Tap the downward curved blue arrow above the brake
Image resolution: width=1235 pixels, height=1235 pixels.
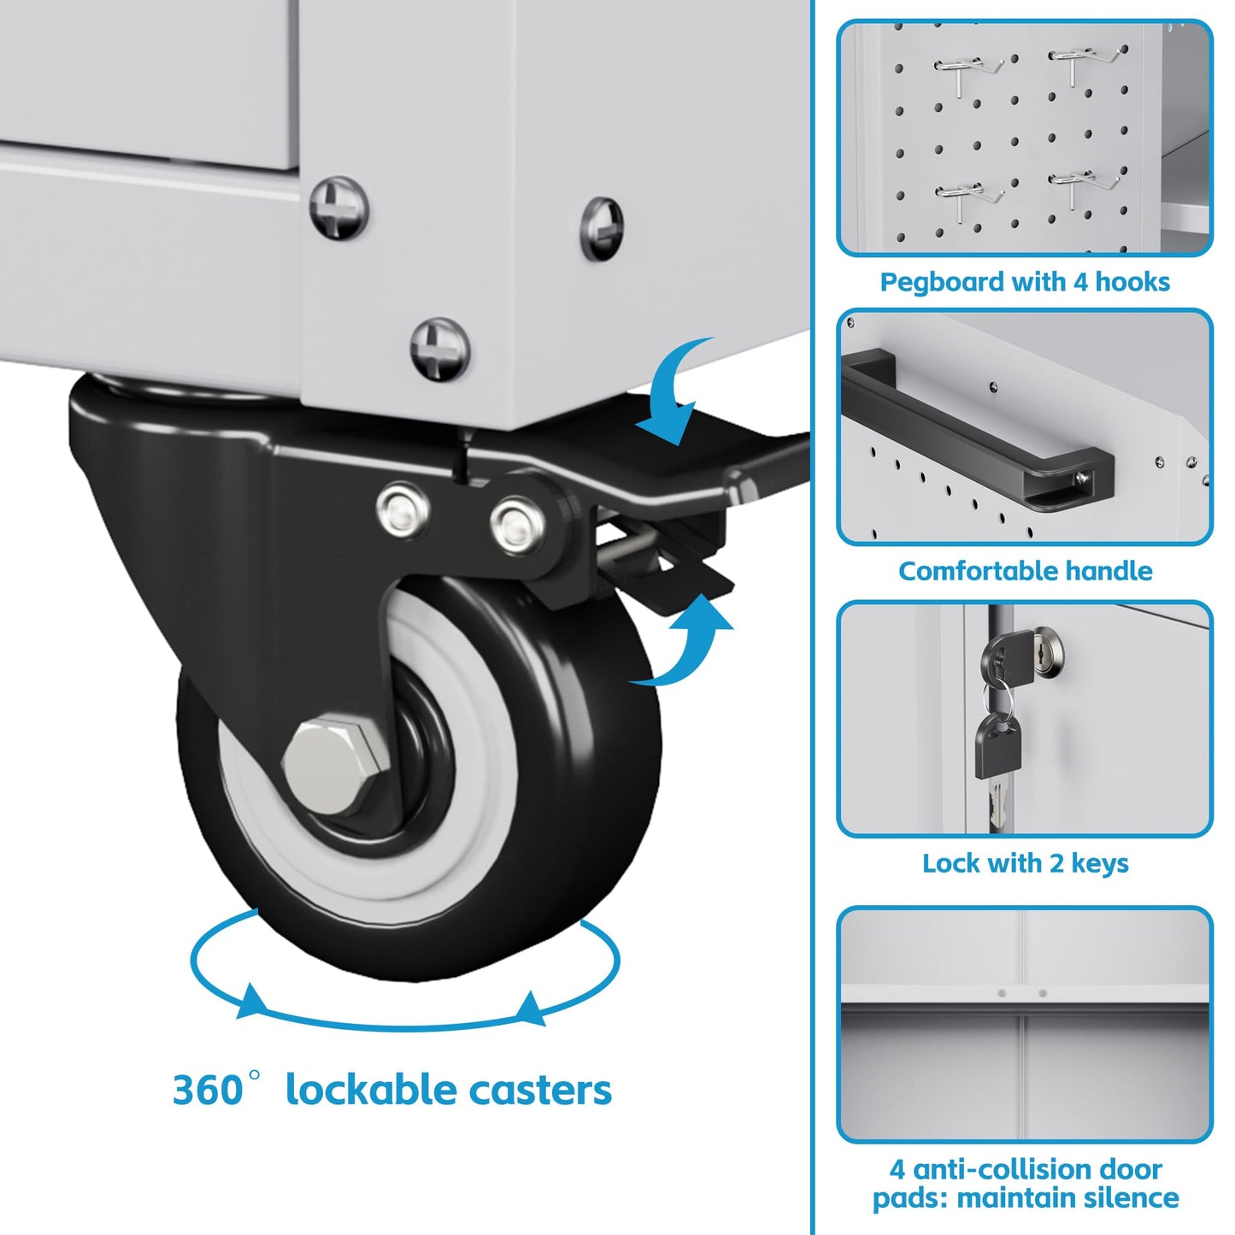click(x=676, y=391)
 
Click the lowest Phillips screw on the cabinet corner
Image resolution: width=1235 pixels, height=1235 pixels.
click(x=440, y=350)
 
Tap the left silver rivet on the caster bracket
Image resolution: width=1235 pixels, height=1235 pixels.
click(x=403, y=510)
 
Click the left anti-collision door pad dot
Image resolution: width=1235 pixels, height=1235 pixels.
click(x=1002, y=993)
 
